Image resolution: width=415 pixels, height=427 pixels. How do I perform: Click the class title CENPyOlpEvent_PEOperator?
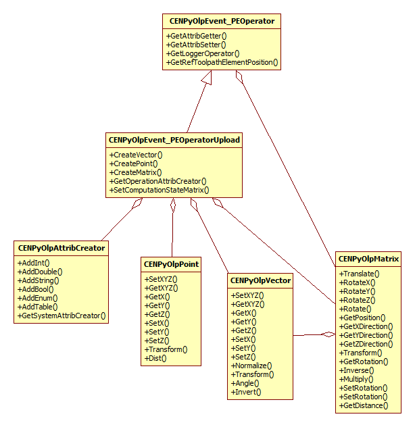222,22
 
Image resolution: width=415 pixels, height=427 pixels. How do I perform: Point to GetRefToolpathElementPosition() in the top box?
222,62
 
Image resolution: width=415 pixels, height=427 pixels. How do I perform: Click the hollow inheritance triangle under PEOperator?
207,78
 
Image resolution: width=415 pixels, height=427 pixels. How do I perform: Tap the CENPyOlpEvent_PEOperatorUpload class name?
174,140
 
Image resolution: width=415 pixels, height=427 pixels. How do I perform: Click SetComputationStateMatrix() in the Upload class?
159,190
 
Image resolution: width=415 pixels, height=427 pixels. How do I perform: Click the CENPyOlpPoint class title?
171,264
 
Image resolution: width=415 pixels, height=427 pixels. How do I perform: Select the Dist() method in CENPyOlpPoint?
155,358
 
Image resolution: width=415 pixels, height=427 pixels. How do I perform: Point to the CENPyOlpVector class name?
260,280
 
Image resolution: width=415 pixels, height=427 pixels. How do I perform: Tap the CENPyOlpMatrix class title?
368,259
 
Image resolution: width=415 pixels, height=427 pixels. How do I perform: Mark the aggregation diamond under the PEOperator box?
238,76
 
